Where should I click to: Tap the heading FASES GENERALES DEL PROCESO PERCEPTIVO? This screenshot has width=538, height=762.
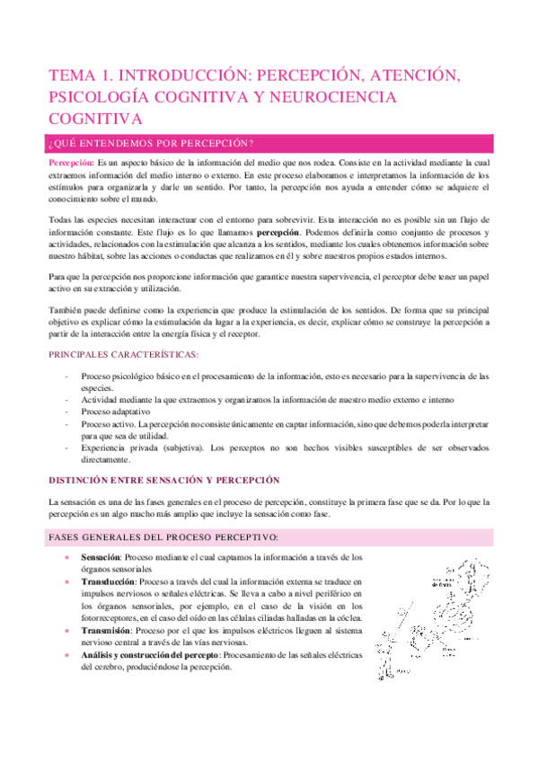[x=161, y=536]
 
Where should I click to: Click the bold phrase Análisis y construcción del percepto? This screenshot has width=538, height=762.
[x=156, y=654]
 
